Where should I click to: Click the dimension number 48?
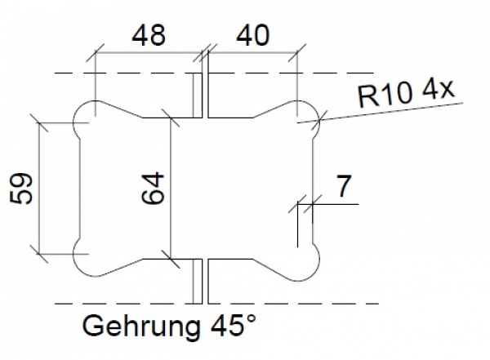point(148,35)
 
